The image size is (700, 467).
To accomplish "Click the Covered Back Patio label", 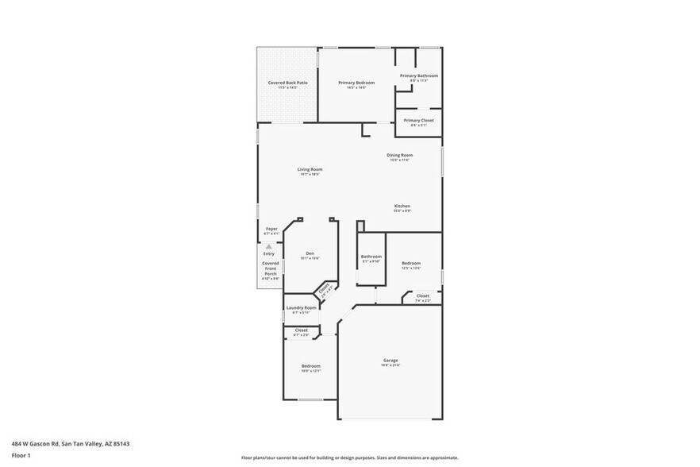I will click(x=287, y=83).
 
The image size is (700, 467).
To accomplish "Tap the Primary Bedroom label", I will click(x=356, y=83).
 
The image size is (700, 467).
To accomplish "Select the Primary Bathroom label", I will click(x=419, y=75).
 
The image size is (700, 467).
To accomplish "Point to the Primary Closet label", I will click(x=419, y=121).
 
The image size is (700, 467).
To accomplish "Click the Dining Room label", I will click(x=399, y=155).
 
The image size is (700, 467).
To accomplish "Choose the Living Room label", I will click(x=310, y=169).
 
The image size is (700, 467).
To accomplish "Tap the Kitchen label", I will click(x=402, y=206).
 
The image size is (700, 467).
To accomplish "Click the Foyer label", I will click(x=271, y=229).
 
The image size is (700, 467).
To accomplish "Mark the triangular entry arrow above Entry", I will click(x=269, y=247).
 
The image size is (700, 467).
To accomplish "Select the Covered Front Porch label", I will click(x=271, y=268).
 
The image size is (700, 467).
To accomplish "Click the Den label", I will click(x=310, y=253).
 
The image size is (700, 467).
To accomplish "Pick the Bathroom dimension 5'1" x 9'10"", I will click(x=371, y=261).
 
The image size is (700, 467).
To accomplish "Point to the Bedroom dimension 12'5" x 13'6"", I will click(x=411, y=268).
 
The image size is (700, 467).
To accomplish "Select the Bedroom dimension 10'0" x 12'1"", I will click(x=310, y=371).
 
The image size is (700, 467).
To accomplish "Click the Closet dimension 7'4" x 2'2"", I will click(x=422, y=300).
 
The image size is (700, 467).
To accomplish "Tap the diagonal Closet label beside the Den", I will click(x=324, y=289).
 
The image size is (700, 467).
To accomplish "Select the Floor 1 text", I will click(x=21, y=455).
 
